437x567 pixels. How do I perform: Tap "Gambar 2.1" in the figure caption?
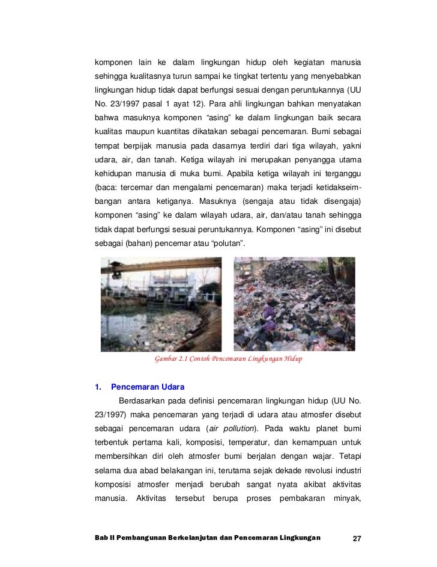pos(172,359)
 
